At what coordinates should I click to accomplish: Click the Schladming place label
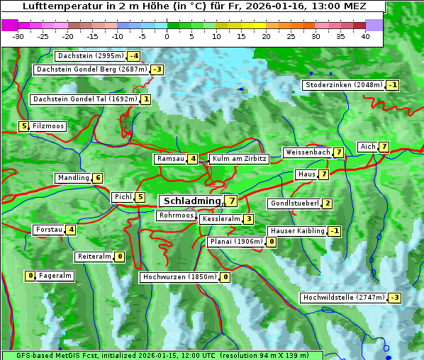coord(192,201)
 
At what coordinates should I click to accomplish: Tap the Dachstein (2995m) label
coord(90,55)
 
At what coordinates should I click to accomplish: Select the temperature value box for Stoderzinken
coord(393,85)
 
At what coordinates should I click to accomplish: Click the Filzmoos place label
coord(48,126)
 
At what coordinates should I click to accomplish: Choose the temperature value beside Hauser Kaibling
coord(335,231)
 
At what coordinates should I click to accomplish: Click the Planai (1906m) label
coord(236,242)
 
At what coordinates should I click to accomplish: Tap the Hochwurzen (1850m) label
coord(179,277)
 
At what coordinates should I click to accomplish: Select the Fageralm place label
coord(55,276)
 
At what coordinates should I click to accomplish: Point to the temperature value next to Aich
coord(384,147)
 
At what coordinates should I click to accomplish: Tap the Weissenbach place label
coord(307,152)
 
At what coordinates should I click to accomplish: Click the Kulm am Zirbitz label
coord(239,159)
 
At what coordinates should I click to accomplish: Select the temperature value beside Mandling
coord(98,178)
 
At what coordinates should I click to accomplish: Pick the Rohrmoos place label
coord(176,215)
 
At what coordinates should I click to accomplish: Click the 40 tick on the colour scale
coord(365,36)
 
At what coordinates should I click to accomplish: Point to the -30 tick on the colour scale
coord(18,36)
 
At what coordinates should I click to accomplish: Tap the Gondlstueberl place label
coord(294,203)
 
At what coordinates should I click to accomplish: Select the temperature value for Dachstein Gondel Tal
coord(146,99)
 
